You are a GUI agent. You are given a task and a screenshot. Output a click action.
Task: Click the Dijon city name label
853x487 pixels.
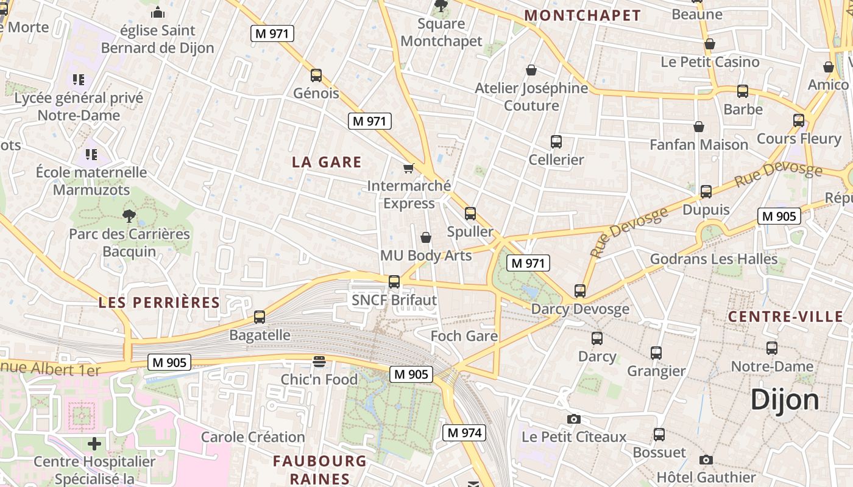pos(785,400)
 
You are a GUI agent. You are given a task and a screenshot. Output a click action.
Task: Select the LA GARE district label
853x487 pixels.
pos(327,163)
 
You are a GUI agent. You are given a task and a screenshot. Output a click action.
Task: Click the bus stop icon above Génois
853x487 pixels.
pos(316,75)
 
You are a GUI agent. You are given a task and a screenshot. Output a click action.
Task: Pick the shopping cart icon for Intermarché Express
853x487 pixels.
pos(408,168)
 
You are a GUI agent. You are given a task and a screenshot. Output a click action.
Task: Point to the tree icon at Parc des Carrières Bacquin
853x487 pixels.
pos(129,215)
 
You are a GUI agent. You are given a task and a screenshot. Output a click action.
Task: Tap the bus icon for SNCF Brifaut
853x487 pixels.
pos(394,281)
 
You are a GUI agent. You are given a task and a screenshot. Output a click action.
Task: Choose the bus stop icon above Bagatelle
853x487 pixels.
pos(260,317)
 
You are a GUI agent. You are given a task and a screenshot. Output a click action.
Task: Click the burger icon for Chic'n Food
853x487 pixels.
pos(319,362)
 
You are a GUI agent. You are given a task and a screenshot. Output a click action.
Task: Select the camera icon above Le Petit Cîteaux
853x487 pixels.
pos(573,419)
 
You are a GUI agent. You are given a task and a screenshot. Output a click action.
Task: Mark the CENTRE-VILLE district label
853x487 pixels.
pos(785,317)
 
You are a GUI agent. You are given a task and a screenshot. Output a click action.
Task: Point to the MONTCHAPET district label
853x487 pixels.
pos(582,16)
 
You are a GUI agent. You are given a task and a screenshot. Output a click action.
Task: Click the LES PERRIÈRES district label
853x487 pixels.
pos(159,303)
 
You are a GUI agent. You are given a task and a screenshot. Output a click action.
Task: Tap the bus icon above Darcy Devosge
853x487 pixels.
pos(580,291)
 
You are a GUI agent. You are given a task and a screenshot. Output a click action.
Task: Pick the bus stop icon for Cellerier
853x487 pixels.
pos(556,142)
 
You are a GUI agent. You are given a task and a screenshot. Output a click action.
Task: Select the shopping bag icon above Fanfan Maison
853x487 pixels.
pos(699,127)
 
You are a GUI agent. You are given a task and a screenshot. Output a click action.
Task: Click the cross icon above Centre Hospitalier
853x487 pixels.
pos(94,443)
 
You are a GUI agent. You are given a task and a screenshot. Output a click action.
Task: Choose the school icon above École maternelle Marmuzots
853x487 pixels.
pos(91,154)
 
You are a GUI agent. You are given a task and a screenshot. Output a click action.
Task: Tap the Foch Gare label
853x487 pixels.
pos(464,336)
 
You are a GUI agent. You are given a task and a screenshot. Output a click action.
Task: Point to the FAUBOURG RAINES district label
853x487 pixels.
pos(320,469)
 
